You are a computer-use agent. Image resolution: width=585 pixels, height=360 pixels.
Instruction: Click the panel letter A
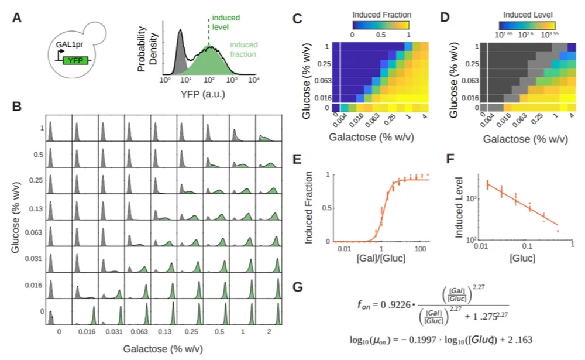pos(18,18)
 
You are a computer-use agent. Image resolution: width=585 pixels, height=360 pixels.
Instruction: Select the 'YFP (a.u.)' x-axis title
pos(206,93)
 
